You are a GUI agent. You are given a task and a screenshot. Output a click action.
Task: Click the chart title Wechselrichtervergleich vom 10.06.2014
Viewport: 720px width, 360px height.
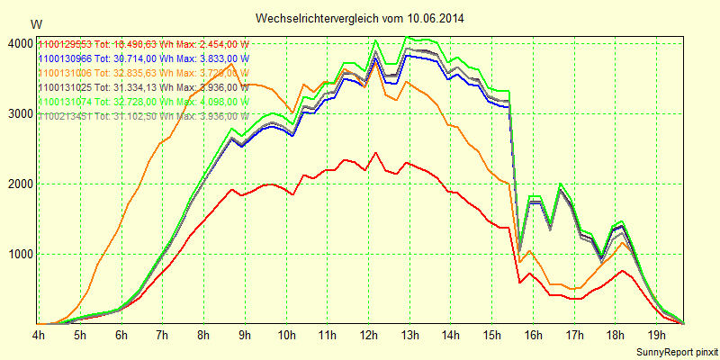click(x=359, y=18)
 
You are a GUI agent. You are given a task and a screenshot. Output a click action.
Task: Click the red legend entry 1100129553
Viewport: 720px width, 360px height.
click(x=143, y=44)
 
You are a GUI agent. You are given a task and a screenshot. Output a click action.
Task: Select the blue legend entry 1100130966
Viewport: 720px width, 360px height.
click(x=143, y=58)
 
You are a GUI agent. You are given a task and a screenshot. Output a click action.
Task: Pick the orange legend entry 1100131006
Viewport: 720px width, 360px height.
click(x=143, y=73)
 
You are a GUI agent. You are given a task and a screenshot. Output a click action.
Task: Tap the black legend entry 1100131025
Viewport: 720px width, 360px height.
click(x=143, y=87)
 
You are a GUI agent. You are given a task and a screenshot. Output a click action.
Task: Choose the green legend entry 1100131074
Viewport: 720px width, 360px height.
click(x=143, y=102)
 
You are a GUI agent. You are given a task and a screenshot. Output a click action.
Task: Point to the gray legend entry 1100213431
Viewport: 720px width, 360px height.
click(x=143, y=116)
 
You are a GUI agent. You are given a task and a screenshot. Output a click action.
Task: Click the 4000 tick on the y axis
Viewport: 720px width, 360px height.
click(x=19, y=44)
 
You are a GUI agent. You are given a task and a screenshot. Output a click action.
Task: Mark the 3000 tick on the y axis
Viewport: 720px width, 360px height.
click(x=19, y=114)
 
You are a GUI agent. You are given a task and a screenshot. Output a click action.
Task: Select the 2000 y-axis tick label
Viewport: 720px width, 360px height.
click(x=19, y=184)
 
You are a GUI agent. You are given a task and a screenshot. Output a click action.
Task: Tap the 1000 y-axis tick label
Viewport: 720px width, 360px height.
click(x=19, y=255)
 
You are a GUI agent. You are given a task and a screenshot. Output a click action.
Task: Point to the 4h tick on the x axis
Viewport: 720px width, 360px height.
click(x=39, y=336)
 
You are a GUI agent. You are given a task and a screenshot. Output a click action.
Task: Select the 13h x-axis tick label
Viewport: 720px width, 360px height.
click(x=410, y=336)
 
